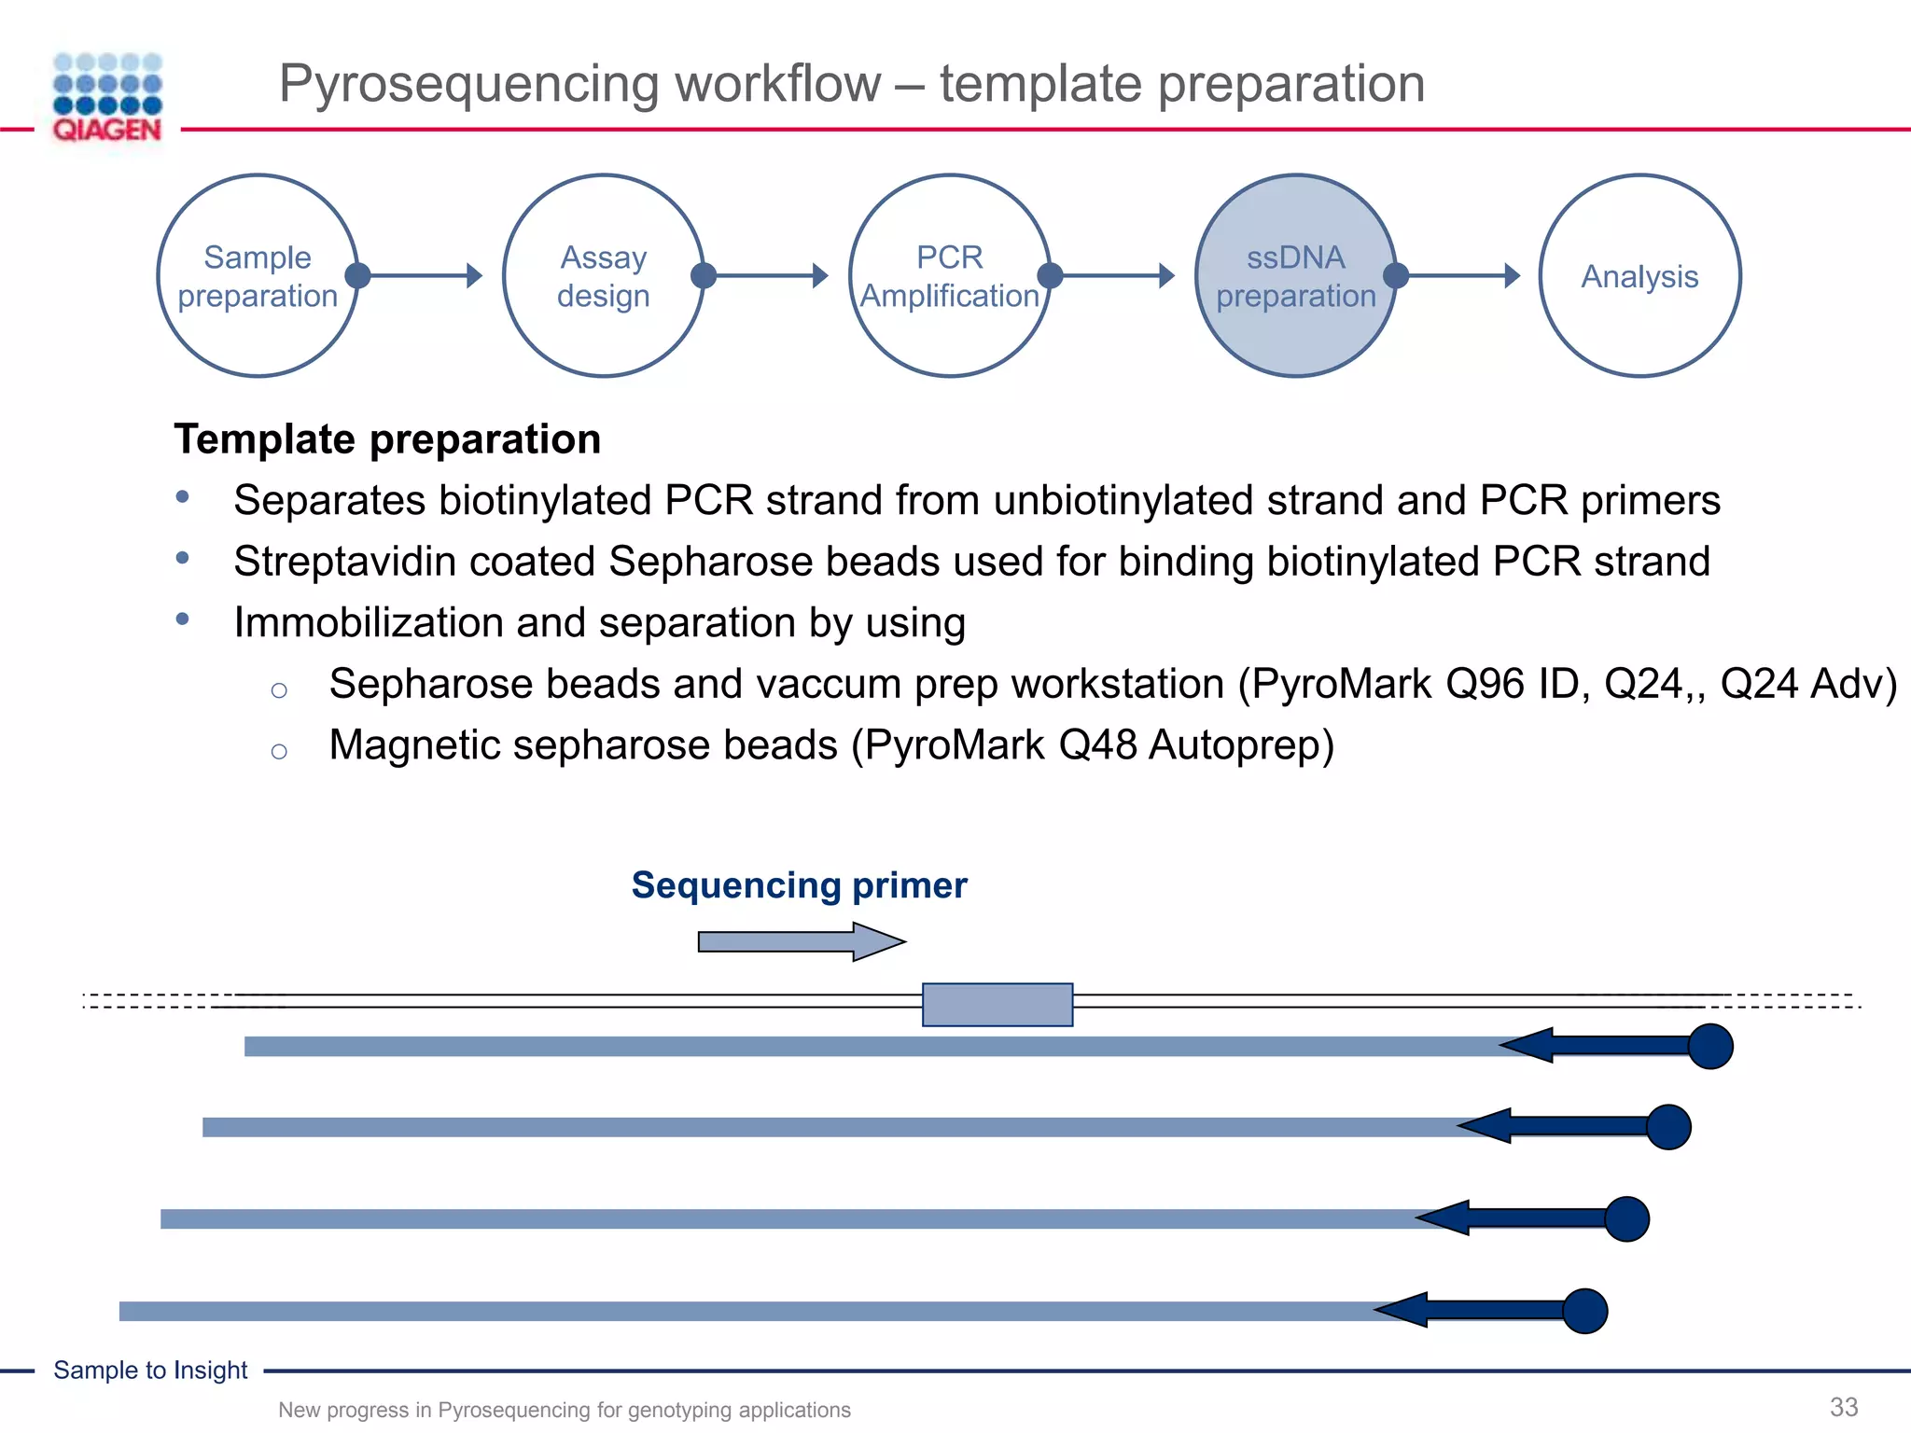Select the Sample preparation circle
point(258,276)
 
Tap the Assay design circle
point(603,276)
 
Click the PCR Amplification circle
point(949,276)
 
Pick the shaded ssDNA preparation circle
point(1295,276)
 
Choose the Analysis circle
point(1639,276)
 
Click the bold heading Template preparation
point(387,439)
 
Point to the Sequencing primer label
point(799,884)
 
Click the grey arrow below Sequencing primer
point(801,941)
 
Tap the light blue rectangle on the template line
point(997,1005)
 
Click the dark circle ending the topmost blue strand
point(1709,1046)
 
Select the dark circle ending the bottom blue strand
point(1584,1311)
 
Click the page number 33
point(1843,1407)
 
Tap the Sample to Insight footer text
point(150,1370)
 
